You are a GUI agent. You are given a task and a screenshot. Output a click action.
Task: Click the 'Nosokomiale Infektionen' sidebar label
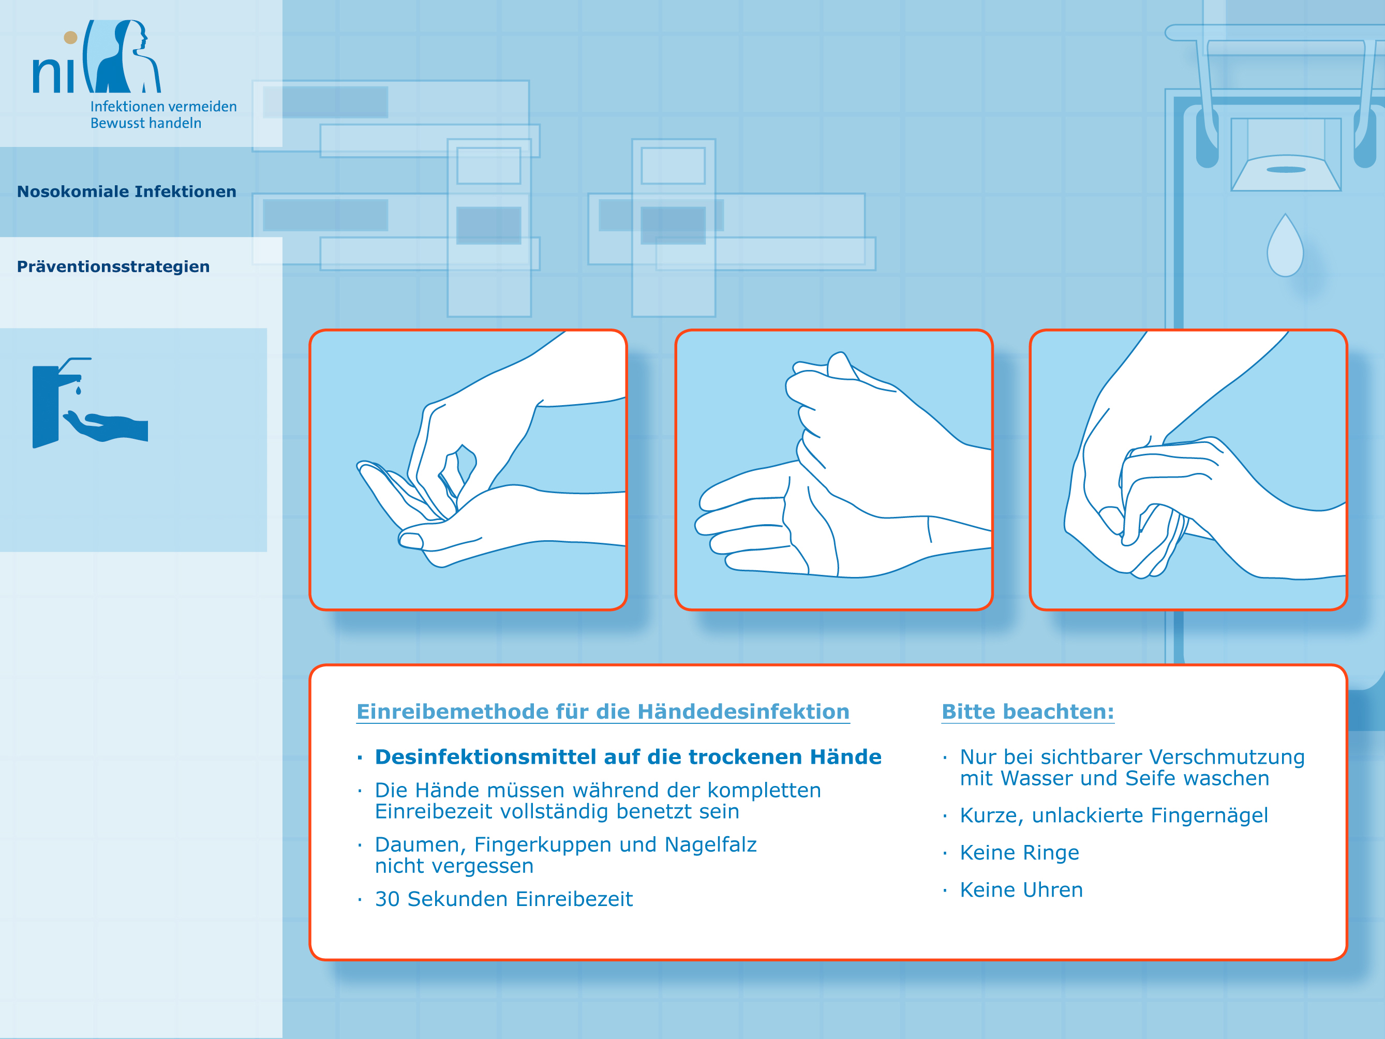point(126,191)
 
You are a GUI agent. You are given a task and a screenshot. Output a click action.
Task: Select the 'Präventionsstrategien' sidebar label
point(113,267)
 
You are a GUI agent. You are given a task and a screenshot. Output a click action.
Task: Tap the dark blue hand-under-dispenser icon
point(90,403)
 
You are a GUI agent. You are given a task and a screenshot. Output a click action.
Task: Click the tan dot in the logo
point(71,38)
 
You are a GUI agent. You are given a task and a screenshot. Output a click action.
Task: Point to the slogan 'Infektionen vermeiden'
point(163,107)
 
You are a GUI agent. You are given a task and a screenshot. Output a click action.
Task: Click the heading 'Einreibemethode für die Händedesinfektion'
point(603,711)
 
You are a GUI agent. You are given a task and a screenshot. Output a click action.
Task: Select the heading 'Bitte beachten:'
point(1028,711)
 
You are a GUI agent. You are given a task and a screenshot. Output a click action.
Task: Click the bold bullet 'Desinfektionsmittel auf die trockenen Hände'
point(628,756)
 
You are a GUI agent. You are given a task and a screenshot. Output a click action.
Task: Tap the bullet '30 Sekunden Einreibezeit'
point(504,899)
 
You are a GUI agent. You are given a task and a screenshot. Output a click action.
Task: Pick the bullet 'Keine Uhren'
point(1021,889)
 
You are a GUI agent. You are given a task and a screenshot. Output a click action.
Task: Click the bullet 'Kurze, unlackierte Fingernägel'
point(1114,815)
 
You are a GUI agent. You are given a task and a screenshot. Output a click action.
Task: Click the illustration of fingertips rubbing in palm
point(468,470)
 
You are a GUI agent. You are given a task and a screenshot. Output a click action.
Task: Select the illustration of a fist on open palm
point(834,470)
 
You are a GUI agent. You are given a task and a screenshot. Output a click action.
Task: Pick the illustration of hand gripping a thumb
point(1188,470)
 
